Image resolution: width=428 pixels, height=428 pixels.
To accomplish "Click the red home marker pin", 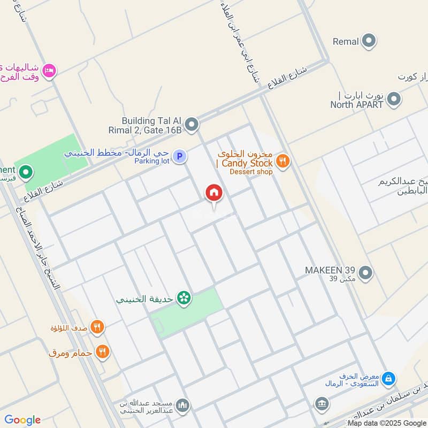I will (x=214, y=193).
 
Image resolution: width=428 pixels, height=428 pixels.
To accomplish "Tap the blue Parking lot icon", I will (x=180, y=156).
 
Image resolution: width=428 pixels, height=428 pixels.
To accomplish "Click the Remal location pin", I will (x=369, y=41).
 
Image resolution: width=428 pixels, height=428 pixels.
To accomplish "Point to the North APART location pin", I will (x=394, y=99).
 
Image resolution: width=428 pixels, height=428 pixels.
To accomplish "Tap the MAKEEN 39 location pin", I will (x=366, y=273).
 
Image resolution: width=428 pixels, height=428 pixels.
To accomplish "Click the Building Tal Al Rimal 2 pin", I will (x=192, y=125).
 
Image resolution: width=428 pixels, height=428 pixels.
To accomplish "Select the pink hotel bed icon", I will (x=49, y=70).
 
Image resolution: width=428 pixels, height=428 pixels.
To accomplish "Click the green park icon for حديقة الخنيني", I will (x=185, y=299).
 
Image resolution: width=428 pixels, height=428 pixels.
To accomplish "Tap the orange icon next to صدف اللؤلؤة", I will (x=97, y=327).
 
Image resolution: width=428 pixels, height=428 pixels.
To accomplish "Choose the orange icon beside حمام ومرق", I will (x=103, y=351).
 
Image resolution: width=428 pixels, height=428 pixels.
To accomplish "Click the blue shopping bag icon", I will (x=388, y=379).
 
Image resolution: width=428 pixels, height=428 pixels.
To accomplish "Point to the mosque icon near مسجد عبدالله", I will (x=182, y=405).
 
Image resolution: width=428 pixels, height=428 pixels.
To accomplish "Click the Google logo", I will (x=22, y=419).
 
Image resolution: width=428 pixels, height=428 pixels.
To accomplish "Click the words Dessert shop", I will (x=251, y=172).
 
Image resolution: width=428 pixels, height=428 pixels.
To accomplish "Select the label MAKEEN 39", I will (x=331, y=269).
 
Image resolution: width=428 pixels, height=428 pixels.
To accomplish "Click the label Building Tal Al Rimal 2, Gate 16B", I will (x=152, y=125).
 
